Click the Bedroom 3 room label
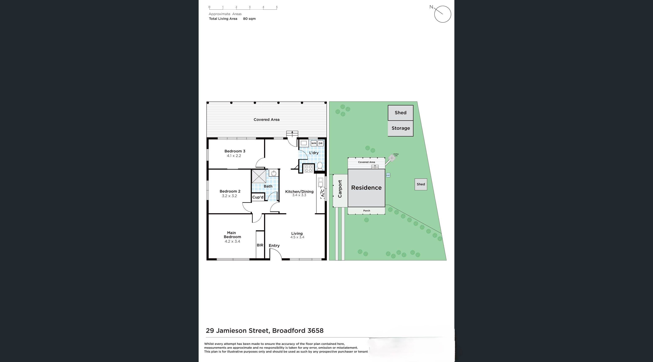[x=235, y=151]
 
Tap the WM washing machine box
[x=314, y=143]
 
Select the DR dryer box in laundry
[x=320, y=143]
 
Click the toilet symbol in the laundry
[x=320, y=166]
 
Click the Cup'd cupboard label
[x=258, y=197]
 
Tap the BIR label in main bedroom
[x=260, y=245]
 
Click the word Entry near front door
[x=274, y=246]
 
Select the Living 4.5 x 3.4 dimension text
[x=297, y=237]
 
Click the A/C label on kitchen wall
[x=322, y=193]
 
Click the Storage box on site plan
[x=401, y=128]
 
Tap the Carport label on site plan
[x=340, y=189]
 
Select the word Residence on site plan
[x=366, y=188]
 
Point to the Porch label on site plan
[x=366, y=211]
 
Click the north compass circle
[x=443, y=14]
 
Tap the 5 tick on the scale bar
[x=276, y=7]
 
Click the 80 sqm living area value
[x=249, y=19]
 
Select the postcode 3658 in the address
[x=315, y=331]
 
